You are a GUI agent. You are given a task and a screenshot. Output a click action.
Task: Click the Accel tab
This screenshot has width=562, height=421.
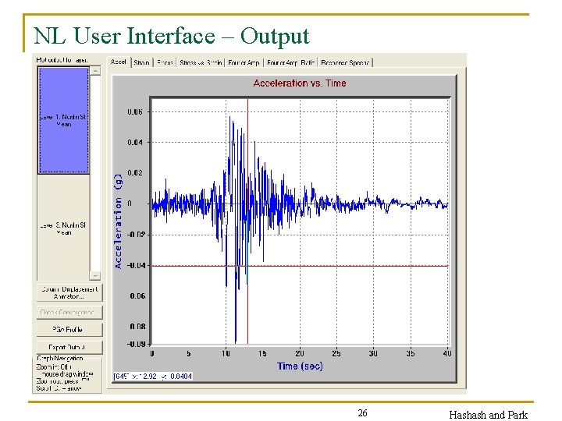tap(119, 62)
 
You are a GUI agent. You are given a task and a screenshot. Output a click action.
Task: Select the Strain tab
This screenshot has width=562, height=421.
tap(141, 62)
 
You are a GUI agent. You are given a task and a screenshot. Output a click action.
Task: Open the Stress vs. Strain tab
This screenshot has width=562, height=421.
tap(200, 62)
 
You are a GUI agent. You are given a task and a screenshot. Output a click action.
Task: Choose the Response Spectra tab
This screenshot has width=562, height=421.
tap(345, 62)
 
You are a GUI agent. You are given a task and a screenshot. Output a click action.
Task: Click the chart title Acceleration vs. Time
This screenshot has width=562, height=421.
tap(300, 83)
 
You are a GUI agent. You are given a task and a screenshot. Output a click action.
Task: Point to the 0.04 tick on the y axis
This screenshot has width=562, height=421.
tap(134, 142)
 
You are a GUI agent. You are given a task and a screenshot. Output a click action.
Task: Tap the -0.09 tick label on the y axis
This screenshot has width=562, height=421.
tap(134, 344)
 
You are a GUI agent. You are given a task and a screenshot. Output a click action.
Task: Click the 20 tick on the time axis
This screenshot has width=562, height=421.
tap(300, 353)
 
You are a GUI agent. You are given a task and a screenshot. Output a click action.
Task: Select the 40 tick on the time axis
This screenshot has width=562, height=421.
tap(447, 353)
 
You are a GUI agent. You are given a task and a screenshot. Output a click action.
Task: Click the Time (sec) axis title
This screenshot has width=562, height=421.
tap(300, 366)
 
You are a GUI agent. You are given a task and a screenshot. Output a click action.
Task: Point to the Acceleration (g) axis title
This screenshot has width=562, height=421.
tap(119, 221)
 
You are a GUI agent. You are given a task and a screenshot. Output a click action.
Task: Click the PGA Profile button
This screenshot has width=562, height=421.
tap(69, 330)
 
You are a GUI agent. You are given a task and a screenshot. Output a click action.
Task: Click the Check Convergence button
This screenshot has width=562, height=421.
tap(69, 312)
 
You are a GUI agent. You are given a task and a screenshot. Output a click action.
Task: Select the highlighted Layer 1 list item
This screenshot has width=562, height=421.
tap(64, 119)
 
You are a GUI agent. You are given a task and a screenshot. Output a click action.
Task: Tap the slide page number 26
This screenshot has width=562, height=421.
tap(362, 413)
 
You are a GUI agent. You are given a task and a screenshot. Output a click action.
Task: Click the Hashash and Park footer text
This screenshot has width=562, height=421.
tap(488, 415)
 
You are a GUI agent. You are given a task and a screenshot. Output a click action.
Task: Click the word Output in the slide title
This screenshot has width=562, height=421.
tap(275, 36)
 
